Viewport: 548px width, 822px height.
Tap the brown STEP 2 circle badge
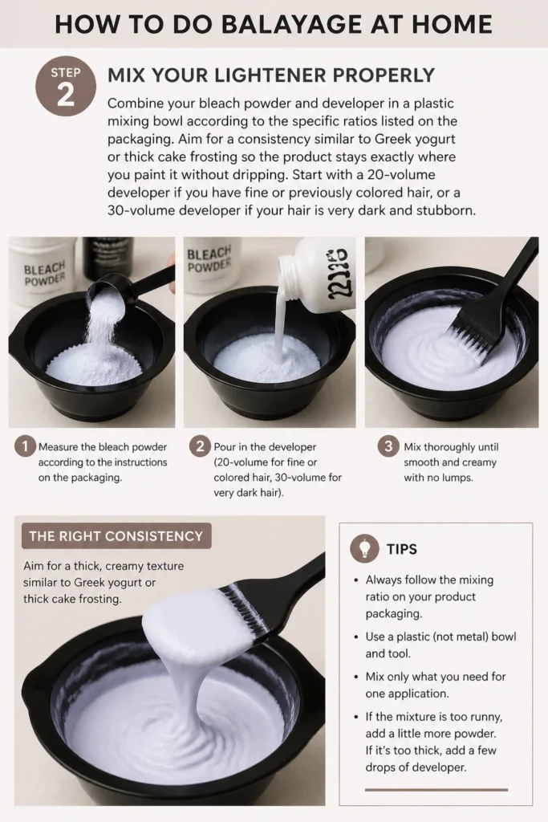(x=66, y=87)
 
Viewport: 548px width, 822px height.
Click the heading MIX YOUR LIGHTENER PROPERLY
(x=271, y=75)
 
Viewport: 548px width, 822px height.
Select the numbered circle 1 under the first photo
(x=25, y=446)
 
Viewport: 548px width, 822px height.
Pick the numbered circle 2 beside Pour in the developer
(x=200, y=446)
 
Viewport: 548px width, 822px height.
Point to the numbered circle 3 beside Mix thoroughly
(x=388, y=446)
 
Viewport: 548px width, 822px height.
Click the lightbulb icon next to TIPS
(x=364, y=547)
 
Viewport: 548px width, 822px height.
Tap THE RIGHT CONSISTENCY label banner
(x=116, y=535)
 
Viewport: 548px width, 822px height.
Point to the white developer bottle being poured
(x=315, y=274)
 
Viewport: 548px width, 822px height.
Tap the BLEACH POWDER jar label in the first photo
(x=45, y=273)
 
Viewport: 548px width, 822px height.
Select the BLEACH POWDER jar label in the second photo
(x=209, y=259)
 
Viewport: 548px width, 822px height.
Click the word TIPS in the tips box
(x=402, y=549)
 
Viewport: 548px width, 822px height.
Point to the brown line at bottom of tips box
(x=436, y=790)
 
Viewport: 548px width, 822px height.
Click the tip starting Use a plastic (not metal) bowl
(x=440, y=645)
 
